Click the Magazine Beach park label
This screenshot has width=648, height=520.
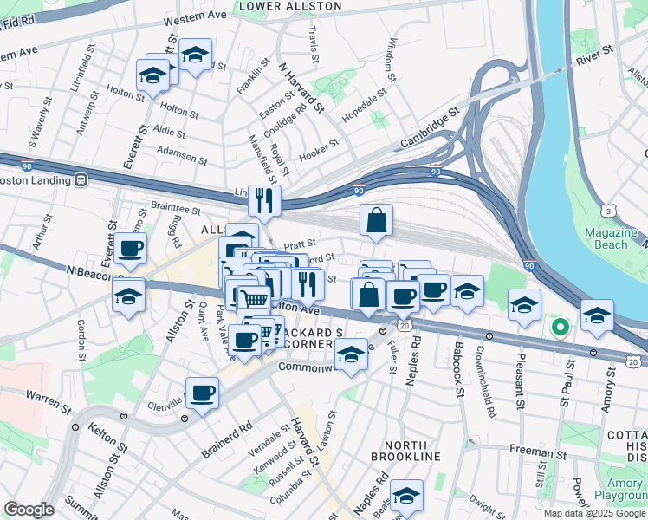(x=606, y=238)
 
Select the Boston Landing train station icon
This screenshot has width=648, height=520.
(x=81, y=180)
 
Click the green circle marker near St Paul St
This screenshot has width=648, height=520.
(x=560, y=328)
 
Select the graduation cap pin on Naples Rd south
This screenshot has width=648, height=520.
(x=405, y=495)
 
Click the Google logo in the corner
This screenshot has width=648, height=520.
(x=29, y=510)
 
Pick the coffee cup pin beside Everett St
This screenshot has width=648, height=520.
(x=130, y=249)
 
